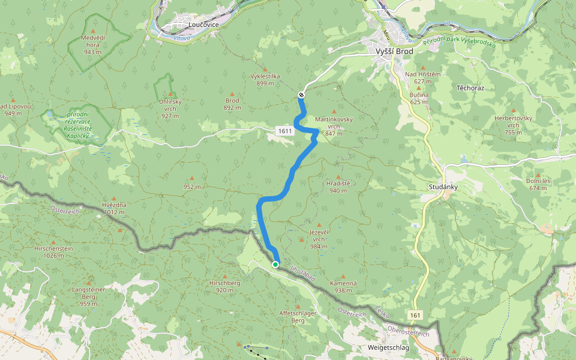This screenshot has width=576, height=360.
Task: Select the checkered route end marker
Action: tap(301, 95)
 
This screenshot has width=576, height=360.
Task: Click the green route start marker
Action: tap(275, 264)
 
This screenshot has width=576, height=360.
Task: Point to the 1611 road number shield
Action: tap(284, 131)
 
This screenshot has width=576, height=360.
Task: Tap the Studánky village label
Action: tap(444, 187)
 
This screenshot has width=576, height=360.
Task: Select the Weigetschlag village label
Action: tap(389, 347)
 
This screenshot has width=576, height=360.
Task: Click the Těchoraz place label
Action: tap(470, 88)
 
